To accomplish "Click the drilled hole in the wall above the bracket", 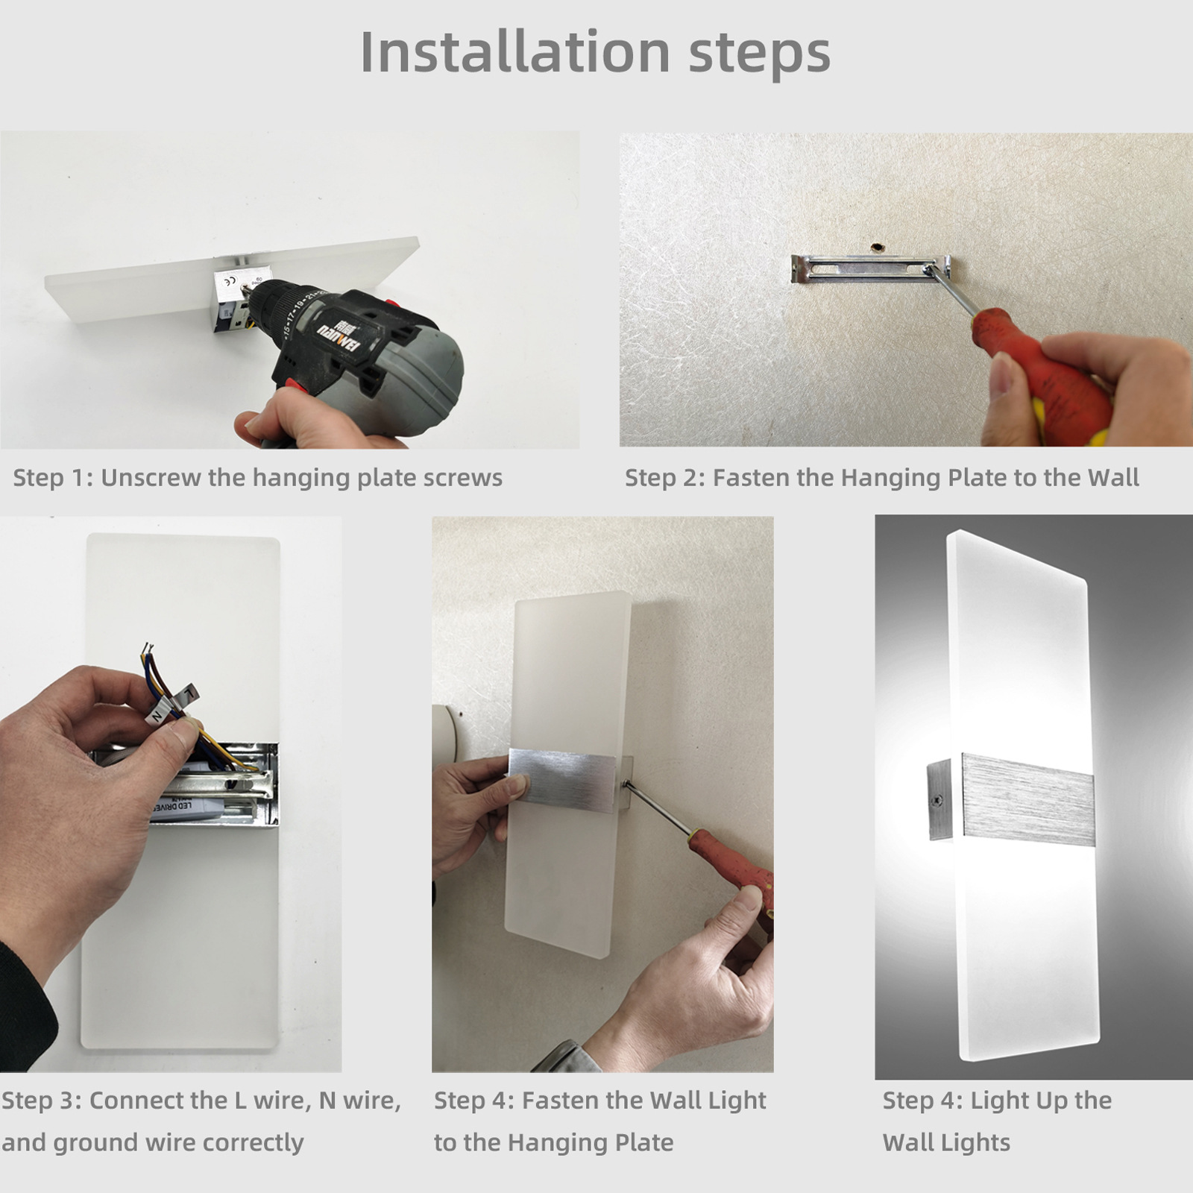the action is click(878, 247).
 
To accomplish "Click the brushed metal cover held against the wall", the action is click(562, 779).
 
